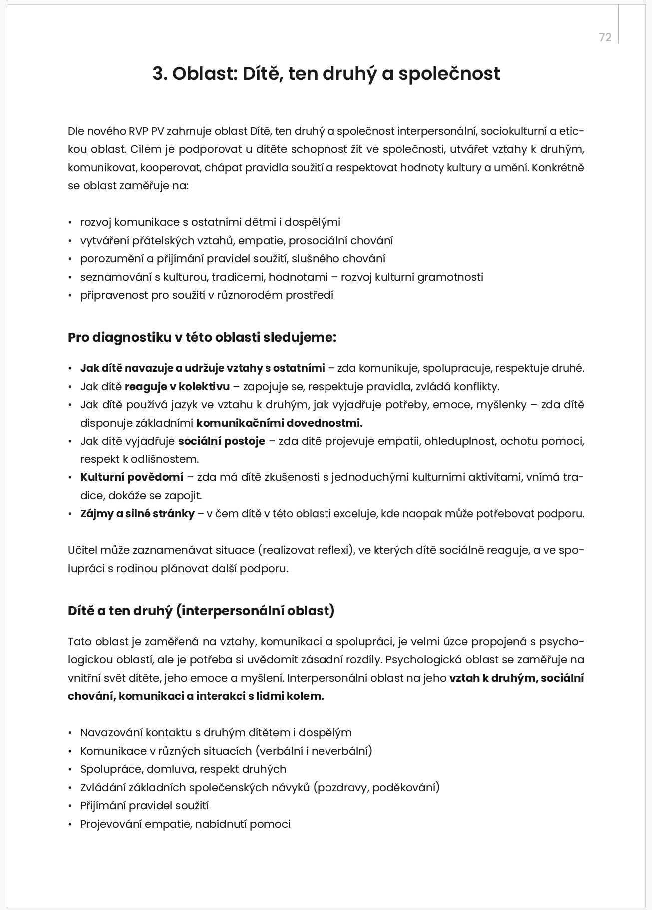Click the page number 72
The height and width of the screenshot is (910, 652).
(605, 38)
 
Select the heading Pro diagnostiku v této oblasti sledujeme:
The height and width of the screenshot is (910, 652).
(202, 337)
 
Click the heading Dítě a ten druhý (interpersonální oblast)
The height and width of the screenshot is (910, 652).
(201, 611)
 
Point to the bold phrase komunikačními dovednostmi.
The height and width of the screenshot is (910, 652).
(279, 423)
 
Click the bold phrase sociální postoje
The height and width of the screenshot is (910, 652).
(221, 441)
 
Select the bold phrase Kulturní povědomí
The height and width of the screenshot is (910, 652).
(132, 477)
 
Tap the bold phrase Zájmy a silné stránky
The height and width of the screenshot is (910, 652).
(137, 514)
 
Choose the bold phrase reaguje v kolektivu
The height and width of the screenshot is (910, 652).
(177, 387)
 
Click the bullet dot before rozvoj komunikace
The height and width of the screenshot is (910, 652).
(70, 223)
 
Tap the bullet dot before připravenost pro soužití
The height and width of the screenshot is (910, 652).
(70, 296)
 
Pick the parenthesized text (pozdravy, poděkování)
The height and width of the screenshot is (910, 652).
(376, 788)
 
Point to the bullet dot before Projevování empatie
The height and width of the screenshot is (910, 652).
(70, 825)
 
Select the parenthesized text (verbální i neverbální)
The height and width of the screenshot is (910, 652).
(314, 751)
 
